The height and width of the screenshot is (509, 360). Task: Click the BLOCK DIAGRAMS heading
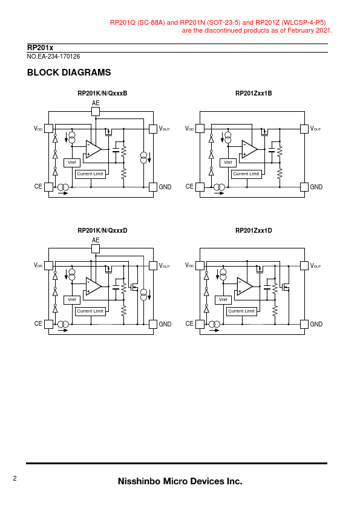[x=69, y=73]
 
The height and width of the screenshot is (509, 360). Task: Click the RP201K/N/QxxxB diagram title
[x=102, y=94]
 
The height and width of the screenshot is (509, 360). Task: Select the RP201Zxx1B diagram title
[x=254, y=94]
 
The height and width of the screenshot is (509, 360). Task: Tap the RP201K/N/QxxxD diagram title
[x=102, y=231]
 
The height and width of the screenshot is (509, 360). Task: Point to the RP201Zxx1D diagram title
[x=254, y=231]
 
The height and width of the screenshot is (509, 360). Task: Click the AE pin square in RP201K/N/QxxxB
[x=96, y=112]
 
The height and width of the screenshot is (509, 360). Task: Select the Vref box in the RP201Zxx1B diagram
[x=227, y=163]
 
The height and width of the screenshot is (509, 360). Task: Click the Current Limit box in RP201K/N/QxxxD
[x=90, y=311]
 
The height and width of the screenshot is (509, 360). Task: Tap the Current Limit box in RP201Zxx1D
[x=241, y=311]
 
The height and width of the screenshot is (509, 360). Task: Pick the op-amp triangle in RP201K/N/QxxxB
[x=93, y=149]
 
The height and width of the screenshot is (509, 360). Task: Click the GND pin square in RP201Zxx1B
[x=304, y=187]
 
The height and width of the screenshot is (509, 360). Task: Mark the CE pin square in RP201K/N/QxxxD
[x=48, y=324]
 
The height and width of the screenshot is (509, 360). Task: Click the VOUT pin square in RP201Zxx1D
[x=304, y=265]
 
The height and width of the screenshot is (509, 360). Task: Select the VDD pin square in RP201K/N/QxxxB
[x=48, y=129]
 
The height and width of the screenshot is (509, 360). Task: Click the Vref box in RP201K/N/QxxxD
[x=72, y=300]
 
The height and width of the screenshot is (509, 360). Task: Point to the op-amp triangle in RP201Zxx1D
[x=244, y=287]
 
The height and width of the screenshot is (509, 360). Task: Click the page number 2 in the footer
[x=15, y=478]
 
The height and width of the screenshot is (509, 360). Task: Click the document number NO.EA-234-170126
[x=53, y=56]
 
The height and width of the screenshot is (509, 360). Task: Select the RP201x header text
[x=40, y=48]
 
